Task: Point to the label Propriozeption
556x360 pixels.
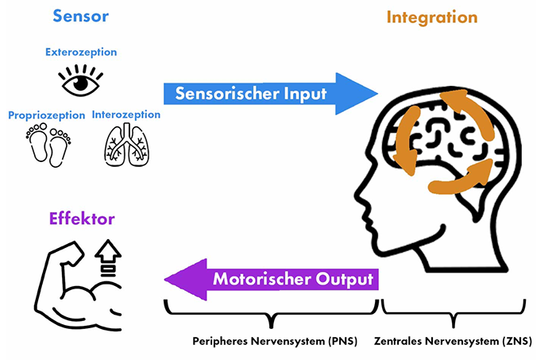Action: pyautogui.click(x=46, y=115)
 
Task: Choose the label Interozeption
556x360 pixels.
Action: pyautogui.click(x=125, y=114)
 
